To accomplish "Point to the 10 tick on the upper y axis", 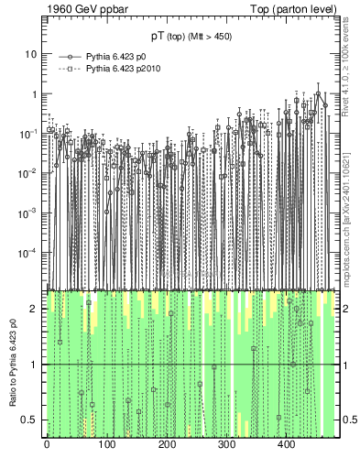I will (x=31, y=54).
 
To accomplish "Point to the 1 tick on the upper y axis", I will (x=34, y=93).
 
